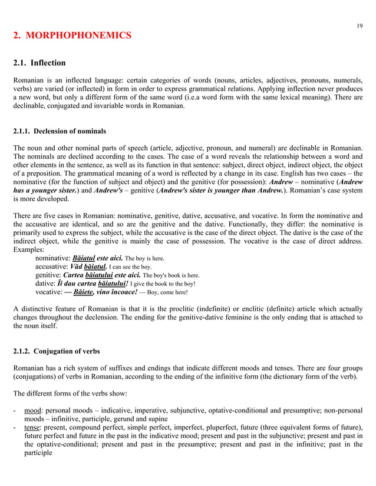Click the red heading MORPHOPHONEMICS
pos(72,36)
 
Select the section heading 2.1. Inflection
pos(39,62)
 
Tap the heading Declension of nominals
pos(60,131)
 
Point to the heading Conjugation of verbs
pos(56,351)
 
